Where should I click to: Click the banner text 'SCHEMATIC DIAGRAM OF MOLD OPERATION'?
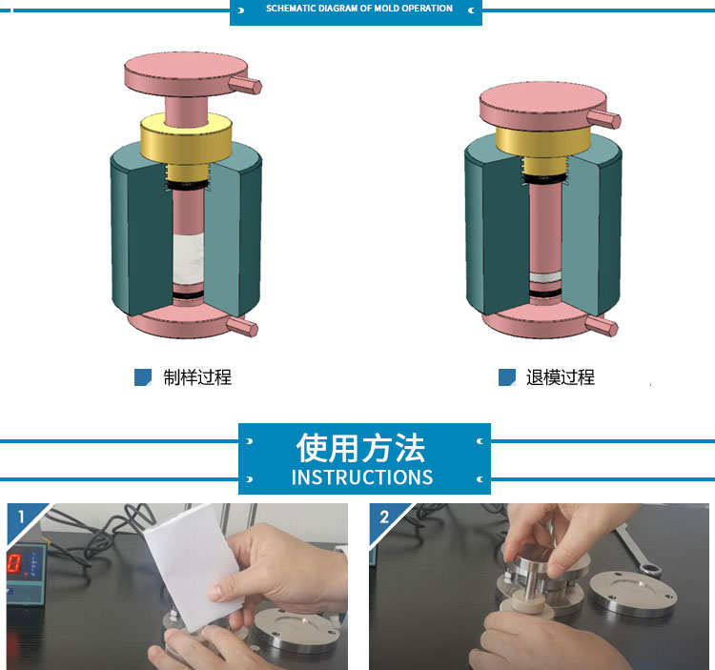359,9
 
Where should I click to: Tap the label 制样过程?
197,377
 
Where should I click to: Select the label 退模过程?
561,377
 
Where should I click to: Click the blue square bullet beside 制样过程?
143,377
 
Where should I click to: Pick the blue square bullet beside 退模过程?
507,377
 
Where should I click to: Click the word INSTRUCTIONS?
362,477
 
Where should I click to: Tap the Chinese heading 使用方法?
360,448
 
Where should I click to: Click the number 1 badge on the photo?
21,517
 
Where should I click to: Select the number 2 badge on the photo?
384,517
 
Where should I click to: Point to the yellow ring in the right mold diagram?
543,142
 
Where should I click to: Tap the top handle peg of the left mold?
245,85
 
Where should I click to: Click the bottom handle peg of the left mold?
242,327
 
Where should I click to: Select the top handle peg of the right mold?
603,118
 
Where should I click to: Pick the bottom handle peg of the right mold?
601,326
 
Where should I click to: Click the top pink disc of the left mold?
186,73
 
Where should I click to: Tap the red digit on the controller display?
13,563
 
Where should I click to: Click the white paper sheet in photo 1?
192,563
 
